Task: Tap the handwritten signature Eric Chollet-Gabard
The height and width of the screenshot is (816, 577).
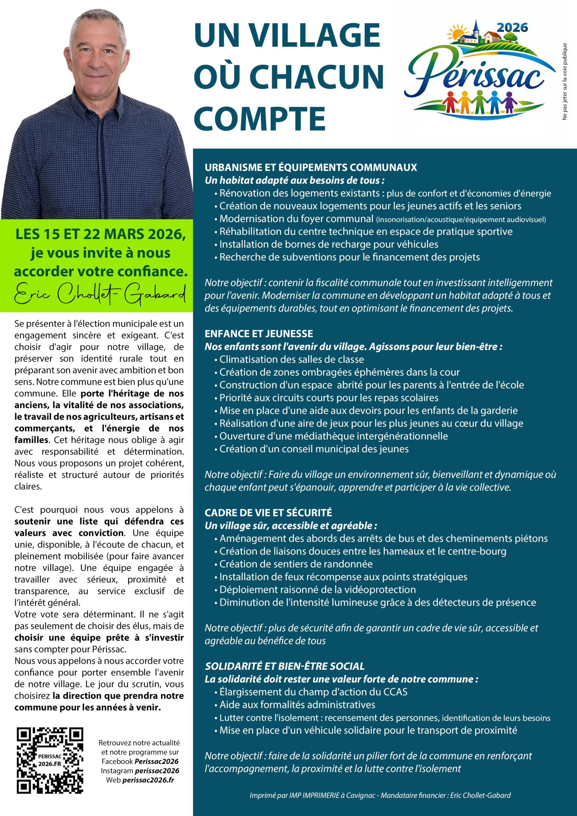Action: [x=100, y=294]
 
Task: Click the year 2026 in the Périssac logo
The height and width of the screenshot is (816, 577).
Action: [x=512, y=28]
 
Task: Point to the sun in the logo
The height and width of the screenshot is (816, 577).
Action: [x=456, y=33]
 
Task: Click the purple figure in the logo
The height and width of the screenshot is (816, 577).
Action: [x=509, y=101]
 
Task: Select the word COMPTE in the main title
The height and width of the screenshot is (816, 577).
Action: [x=259, y=118]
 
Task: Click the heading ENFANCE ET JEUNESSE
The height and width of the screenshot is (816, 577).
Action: [x=259, y=334]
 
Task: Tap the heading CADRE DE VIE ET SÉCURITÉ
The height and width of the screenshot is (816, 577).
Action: [x=268, y=513]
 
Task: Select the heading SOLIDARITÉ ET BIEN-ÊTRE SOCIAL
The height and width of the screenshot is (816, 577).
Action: [x=285, y=666]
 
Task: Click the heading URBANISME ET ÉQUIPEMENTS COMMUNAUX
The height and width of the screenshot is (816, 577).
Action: [x=311, y=167]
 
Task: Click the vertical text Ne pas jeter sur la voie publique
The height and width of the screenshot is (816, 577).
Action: [x=565, y=81]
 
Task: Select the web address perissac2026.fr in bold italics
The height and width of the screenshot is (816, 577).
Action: [x=148, y=780]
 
